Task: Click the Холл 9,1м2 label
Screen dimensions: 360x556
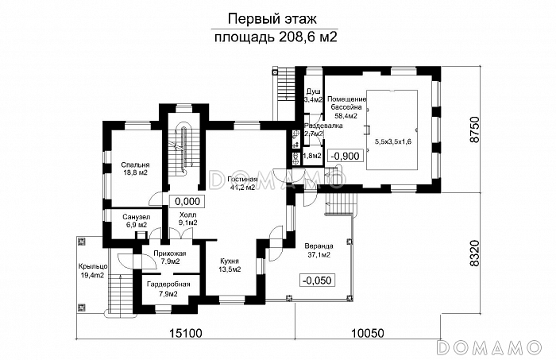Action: coord(187,219)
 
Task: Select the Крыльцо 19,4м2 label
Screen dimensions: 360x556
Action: coord(91,270)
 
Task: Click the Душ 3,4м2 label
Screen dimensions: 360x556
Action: coord(314,96)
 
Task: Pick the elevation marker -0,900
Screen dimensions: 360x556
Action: coord(346,156)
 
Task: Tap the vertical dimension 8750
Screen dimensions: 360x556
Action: coord(476,130)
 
